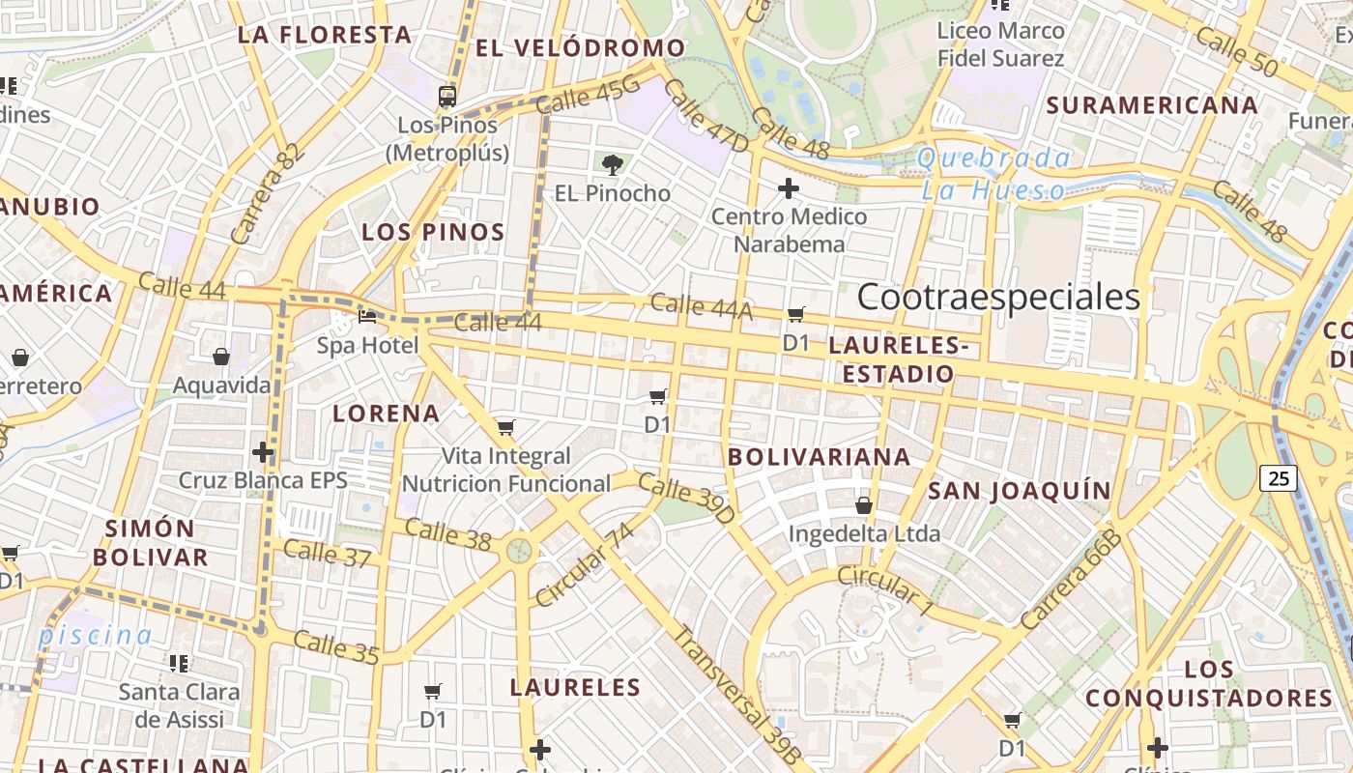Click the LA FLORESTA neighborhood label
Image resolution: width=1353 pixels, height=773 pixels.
pyautogui.click(x=325, y=36)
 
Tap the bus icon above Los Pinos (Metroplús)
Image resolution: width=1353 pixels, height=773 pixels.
pyautogui.click(x=446, y=96)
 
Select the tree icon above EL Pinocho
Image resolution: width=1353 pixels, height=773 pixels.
pyautogui.click(x=612, y=164)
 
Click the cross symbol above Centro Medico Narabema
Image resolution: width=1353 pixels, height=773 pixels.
pyautogui.click(x=789, y=187)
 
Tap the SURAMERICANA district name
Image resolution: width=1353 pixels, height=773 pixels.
pyautogui.click(x=1152, y=105)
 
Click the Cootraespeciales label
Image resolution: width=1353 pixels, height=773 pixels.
pyautogui.click(x=998, y=297)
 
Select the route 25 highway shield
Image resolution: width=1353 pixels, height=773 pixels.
pyautogui.click(x=1279, y=477)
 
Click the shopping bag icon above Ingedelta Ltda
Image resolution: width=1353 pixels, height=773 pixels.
pyautogui.click(x=864, y=504)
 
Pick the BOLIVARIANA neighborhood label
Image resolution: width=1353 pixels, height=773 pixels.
pyautogui.click(x=819, y=457)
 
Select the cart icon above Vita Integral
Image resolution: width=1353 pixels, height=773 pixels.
pyautogui.click(x=505, y=427)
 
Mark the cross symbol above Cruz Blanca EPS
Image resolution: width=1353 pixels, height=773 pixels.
pyautogui.click(x=263, y=451)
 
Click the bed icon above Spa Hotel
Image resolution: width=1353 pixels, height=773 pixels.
pyautogui.click(x=367, y=316)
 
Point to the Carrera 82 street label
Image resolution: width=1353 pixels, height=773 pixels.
pyautogui.click(x=268, y=193)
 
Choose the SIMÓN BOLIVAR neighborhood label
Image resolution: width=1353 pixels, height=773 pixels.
pyautogui.click(x=150, y=543)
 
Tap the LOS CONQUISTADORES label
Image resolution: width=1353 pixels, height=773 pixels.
pyautogui.click(x=1208, y=683)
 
